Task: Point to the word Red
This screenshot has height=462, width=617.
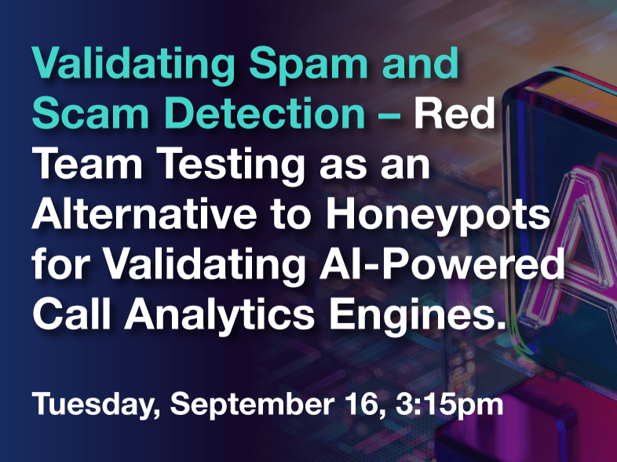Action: [454, 113]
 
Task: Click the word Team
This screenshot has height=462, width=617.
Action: [88, 164]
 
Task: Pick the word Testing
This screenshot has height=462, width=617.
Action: [232, 167]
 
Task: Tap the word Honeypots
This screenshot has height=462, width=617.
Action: [436, 217]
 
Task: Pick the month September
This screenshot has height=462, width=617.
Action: [252, 405]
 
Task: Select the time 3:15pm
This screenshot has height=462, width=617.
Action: [449, 405]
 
